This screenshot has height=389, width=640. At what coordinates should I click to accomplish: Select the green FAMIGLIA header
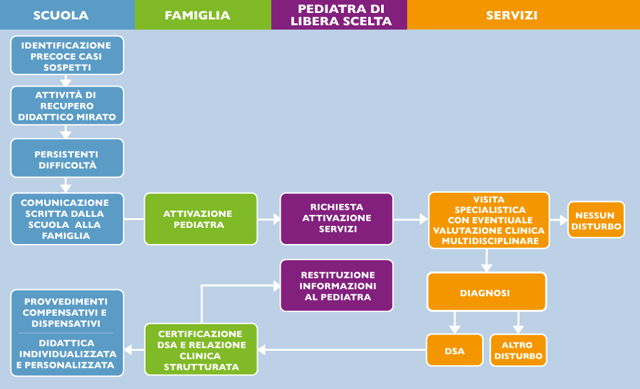click(x=197, y=15)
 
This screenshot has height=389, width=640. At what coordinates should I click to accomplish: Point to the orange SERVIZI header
click(x=511, y=15)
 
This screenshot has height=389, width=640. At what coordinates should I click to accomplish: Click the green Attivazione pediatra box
click(x=201, y=219)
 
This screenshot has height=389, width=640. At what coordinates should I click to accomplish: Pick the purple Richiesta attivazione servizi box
click(x=337, y=219)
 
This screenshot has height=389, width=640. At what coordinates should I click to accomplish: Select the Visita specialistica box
click(x=489, y=220)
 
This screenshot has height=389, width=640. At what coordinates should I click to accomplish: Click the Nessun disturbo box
click(x=596, y=220)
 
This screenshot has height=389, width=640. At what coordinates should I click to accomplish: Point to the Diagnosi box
click(x=486, y=293)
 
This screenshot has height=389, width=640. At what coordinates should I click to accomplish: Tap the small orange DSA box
click(x=454, y=351)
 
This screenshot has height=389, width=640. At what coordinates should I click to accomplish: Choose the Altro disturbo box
click(x=518, y=351)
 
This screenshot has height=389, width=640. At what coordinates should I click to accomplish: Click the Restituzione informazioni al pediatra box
click(x=337, y=285)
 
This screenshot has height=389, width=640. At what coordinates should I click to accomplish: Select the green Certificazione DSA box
click(x=201, y=350)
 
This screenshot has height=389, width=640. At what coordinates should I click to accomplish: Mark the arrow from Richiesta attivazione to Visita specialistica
click(x=410, y=220)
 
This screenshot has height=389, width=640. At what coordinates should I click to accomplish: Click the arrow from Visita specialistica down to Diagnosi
click(x=486, y=260)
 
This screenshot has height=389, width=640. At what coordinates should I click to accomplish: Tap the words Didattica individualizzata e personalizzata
click(x=67, y=354)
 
